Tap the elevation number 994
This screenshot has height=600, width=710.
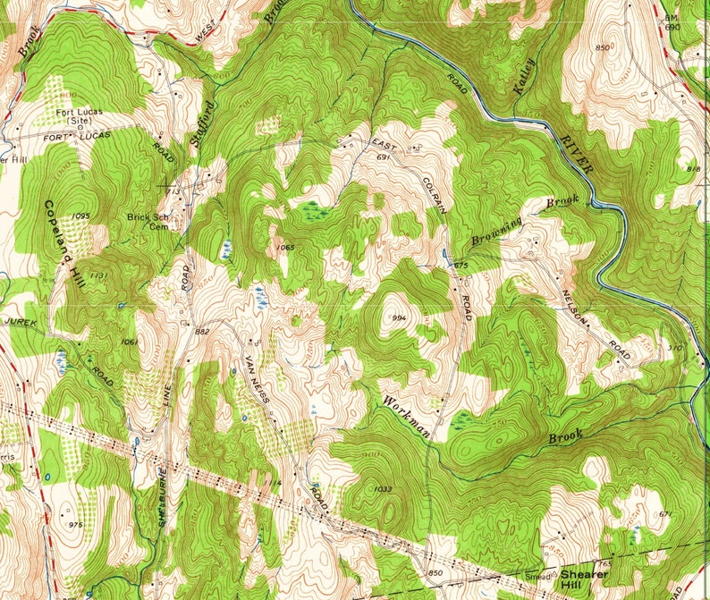click(x=399, y=318)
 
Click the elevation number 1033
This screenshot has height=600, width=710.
click(x=385, y=489)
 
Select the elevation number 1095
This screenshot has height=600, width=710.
click(x=82, y=216)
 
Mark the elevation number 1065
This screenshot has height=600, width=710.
click(x=285, y=247)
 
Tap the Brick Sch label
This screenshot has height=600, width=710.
click(x=148, y=216)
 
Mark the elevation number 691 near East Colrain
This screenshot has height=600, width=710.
click(x=385, y=157)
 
